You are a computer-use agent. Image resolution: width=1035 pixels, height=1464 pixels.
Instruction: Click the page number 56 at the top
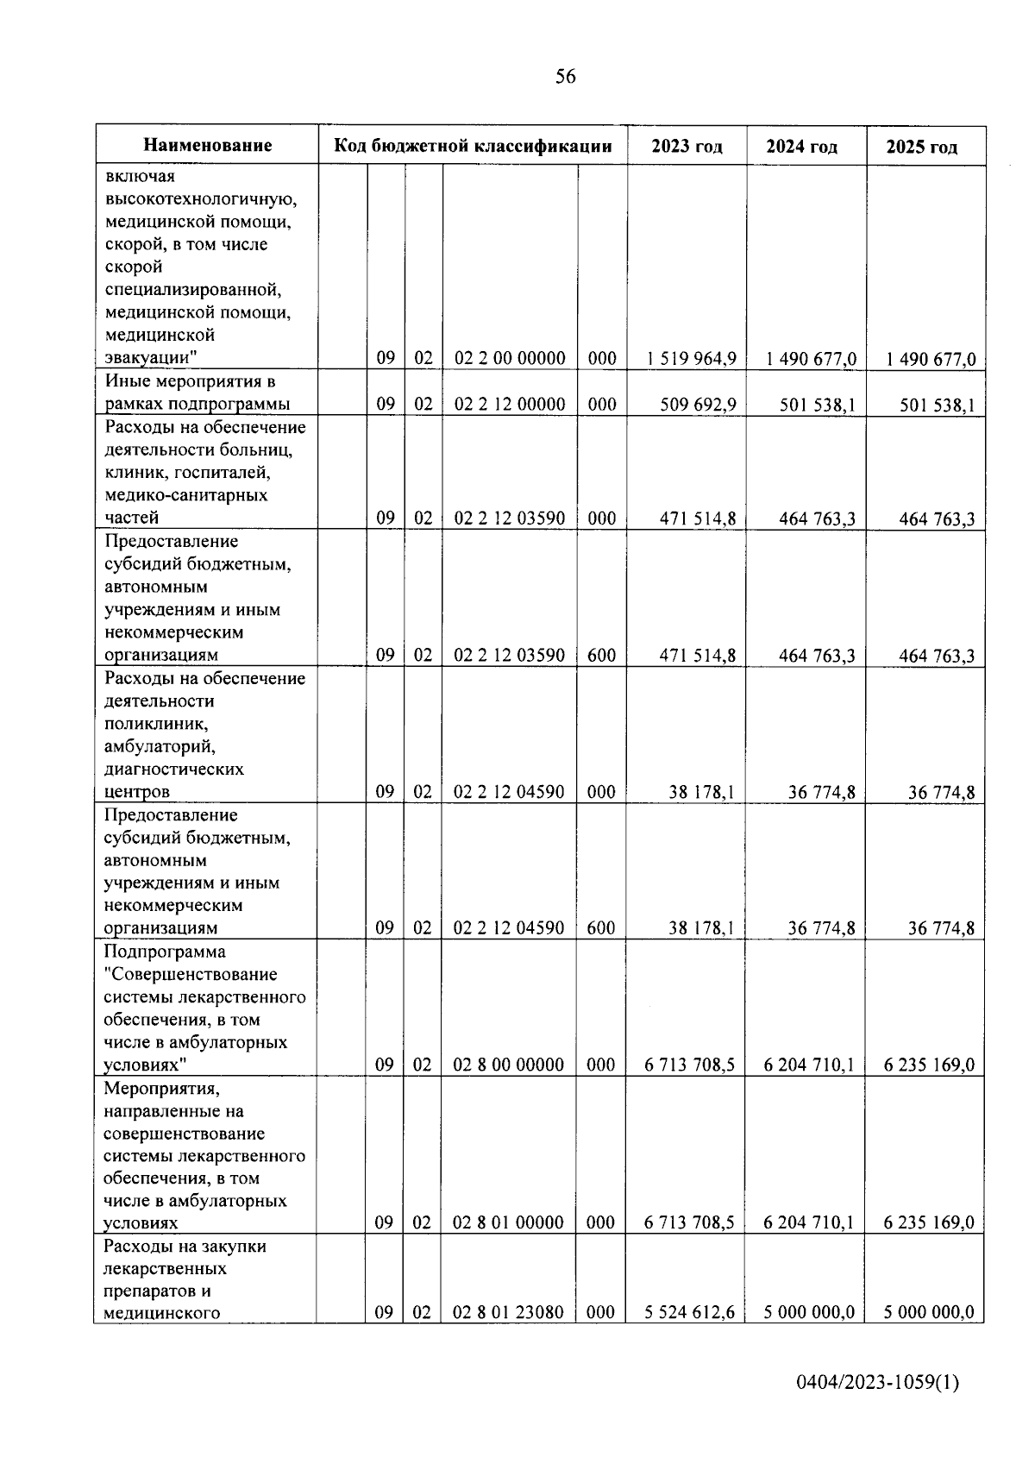click(x=566, y=77)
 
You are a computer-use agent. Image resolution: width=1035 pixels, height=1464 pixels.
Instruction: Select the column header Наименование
click(x=207, y=146)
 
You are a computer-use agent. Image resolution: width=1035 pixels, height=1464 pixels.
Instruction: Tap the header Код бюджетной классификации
click(x=473, y=146)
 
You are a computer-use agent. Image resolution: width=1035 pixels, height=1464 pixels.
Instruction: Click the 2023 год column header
click(x=687, y=146)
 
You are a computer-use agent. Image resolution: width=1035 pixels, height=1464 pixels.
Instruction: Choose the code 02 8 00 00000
click(x=509, y=1065)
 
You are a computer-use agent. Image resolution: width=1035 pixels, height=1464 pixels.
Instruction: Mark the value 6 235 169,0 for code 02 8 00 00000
click(x=929, y=1065)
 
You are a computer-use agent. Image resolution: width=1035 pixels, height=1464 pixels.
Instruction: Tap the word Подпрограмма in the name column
click(x=165, y=952)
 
